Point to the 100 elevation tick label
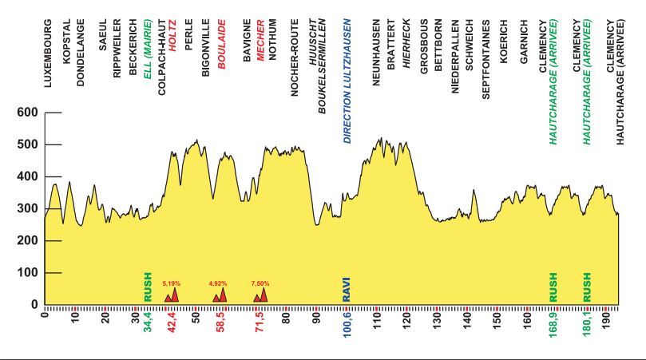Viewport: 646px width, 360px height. click(x=29, y=273)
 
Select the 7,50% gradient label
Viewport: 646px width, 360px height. click(x=260, y=283)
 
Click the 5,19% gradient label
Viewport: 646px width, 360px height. click(x=172, y=283)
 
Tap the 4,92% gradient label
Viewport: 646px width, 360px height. click(x=218, y=283)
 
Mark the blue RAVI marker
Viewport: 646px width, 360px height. click(x=347, y=288)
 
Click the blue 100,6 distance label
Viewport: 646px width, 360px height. click(x=347, y=324)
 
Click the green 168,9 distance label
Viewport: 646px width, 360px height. click(x=553, y=324)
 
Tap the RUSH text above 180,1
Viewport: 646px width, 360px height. click(x=588, y=287)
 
